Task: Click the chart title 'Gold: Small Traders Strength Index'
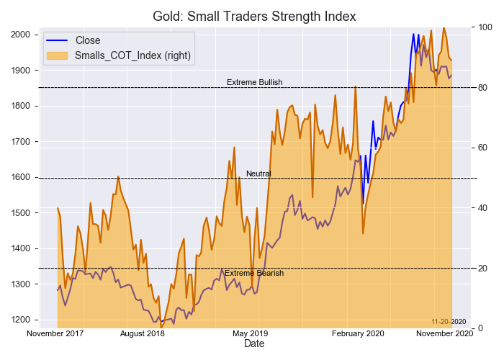point(254,16)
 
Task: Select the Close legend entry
point(88,40)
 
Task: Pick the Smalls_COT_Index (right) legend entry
point(132,55)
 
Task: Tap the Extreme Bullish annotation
point(254,83)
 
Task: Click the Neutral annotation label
point(258,174)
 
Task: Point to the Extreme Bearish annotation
point(254,274)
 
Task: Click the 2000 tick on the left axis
point(19,35)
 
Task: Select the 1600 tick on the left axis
point(19,177)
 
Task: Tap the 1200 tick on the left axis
point(19,320)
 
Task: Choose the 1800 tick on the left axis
point(19,106)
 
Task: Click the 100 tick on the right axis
point(485,27)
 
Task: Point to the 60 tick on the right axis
point(483,148)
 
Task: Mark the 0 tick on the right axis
point(481,328)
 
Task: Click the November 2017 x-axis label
point(55,334)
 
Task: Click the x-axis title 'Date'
point(254,345)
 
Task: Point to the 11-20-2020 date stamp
point(449,321)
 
